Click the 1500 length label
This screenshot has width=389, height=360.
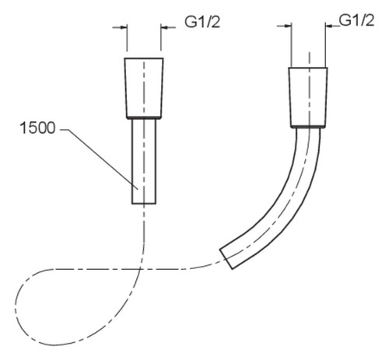coord(37,128)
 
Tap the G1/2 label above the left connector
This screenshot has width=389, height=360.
coord(202,22)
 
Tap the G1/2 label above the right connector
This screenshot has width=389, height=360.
coord(356,20)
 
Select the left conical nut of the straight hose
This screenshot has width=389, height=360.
coord(144,88)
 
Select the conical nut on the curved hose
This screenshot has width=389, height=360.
coord(308,96)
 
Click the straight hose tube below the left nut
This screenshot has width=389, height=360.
coord(144,161)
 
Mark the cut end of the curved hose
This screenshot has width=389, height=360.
coord(226,259)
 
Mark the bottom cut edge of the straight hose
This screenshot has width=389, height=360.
coord(144,204)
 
